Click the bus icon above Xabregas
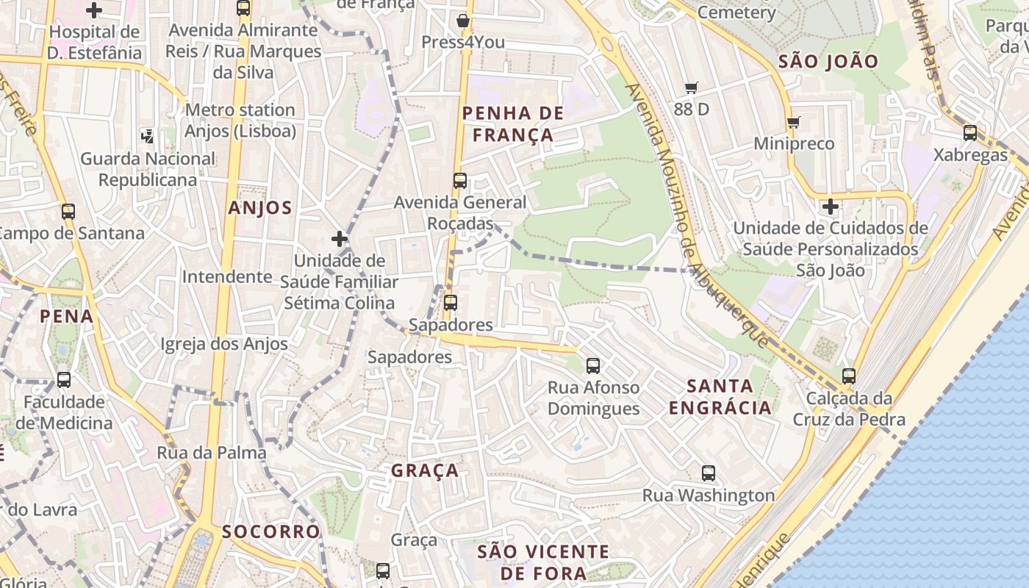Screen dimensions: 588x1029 (970, 133)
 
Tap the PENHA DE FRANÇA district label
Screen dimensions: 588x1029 (513, 124)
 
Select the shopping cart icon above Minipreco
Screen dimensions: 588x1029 (793, 122)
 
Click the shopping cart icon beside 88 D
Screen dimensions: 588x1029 (691, 88)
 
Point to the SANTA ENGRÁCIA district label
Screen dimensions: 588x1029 (720, 397)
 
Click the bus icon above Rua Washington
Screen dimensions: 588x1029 (709, 473)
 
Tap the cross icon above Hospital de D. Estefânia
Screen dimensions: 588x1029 (94, 10)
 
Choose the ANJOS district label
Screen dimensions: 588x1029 (260, 208)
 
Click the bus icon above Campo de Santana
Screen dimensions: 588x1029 (68, 212)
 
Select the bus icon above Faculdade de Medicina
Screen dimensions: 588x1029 (64, 380)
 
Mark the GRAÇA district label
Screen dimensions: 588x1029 (425, 471)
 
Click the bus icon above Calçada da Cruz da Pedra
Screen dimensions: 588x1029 (849, 376)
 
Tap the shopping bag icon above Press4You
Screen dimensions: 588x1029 (463, 21)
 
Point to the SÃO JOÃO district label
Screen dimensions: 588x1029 (828, 62)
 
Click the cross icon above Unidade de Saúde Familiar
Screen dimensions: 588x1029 (339, 239)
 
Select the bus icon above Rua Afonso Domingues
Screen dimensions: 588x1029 (593, 365)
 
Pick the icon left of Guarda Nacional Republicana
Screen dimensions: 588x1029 (148, 135)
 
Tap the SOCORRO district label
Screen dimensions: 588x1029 (271, 531)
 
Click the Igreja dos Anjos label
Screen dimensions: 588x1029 (224, 344)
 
